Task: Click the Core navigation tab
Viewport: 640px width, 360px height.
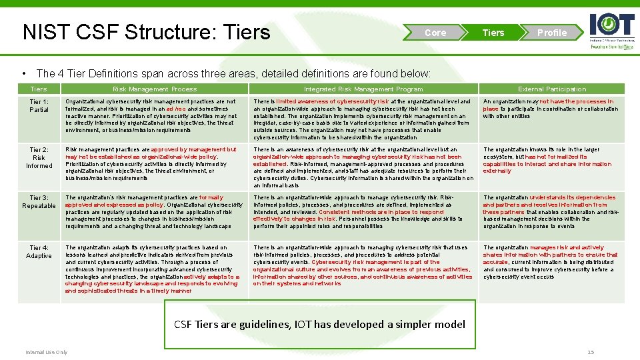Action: (435, 33)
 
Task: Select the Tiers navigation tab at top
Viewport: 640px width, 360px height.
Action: (493, 33)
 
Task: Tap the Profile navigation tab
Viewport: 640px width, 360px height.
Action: (551, 33)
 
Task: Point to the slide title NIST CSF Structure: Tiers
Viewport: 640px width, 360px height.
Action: (147, 32)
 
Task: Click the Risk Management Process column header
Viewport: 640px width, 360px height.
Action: (155, 89)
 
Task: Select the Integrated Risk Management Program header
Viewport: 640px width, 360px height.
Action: (363, 89)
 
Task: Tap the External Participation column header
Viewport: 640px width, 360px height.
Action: (552, 89)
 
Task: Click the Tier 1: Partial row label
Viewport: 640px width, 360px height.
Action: (39, 105)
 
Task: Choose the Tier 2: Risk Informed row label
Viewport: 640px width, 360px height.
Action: (39, 157)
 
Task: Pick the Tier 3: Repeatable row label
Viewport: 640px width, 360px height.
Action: (39, 201)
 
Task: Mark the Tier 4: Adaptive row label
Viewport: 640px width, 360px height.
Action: (39, 251)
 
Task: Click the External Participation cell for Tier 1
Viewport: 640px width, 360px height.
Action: (551, 109)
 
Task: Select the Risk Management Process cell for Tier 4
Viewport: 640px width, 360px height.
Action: (154, 269)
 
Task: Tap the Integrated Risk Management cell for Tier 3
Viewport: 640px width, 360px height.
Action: (363, 212)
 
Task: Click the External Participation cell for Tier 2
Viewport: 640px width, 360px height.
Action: (551, 160)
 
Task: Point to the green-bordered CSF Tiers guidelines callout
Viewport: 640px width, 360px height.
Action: (320, 324)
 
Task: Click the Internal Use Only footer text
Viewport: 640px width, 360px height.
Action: (47, 352)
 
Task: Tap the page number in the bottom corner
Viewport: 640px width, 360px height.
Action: (589, 352)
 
